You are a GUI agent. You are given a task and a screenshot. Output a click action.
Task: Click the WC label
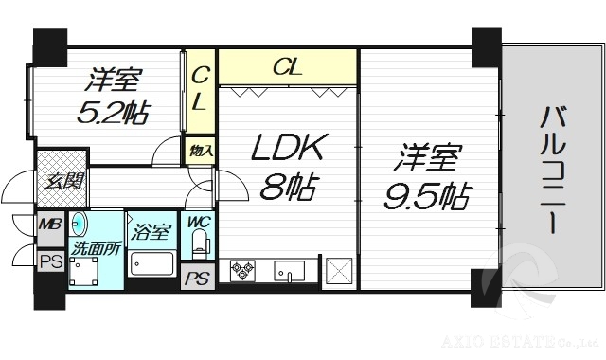pos(198,224)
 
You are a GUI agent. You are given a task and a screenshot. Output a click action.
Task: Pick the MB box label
pos(49,226)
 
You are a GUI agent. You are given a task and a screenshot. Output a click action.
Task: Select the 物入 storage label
pos(200,151)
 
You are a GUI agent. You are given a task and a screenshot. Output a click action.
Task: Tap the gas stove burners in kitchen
pos(241,271)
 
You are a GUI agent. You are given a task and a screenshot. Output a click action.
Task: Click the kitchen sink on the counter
pos(287,271)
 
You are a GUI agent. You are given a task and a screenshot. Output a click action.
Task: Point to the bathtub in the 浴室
pos(152,263)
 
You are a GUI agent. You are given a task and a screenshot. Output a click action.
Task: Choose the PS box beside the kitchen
pos(197,279)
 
